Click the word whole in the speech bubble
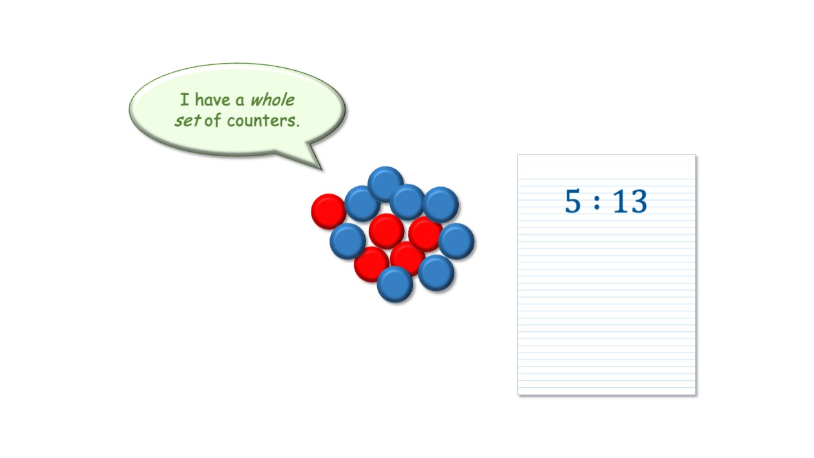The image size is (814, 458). pyautogui.click(x=273, y=100)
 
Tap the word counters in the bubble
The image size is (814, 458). pyautogui.click(x=263, y=121)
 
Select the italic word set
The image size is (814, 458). pyautogui.click(x=187, y=121)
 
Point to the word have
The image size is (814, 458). pyautogui.click(x=212, y=100)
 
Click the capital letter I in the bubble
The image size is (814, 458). pyautogui.click(x=185, y=100)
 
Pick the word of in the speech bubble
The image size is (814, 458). pyautogui.click(x=212, y=120)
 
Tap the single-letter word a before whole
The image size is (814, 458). pyautogui.click(x=240, y=102)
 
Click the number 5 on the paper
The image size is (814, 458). pyautogui.click(x=573, y=201)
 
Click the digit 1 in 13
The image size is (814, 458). pyautogui.click(x=620, y=201)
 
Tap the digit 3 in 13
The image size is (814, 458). pyautogui.click(x=638, y=201)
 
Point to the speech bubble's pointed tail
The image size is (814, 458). pyautogui.click(x=321, y=169)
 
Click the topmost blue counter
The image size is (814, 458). pyautogui.click(x=385, y=184)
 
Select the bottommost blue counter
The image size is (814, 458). pyautogui.click(x=395, y=284)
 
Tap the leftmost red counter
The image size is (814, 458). pyautogui.click(x=329, y=212)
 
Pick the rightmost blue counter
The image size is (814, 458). pyautogui.click(x=456, y=241)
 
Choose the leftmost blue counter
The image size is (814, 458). pyautogui.click(x=347, y=241)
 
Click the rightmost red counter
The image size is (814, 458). pyautogui.click(x=425, y=234)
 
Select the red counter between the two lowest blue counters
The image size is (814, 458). pyautogui.click(x=407, y=259)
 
